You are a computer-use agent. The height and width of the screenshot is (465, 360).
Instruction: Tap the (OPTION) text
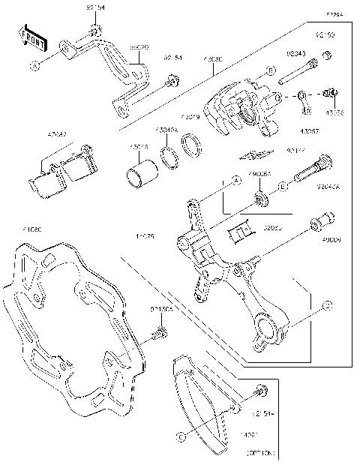[x=259, y=454]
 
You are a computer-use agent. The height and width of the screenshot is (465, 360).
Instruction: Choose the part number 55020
[x=138, y=48]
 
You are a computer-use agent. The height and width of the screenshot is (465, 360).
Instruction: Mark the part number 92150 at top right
[x=324, y=35]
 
